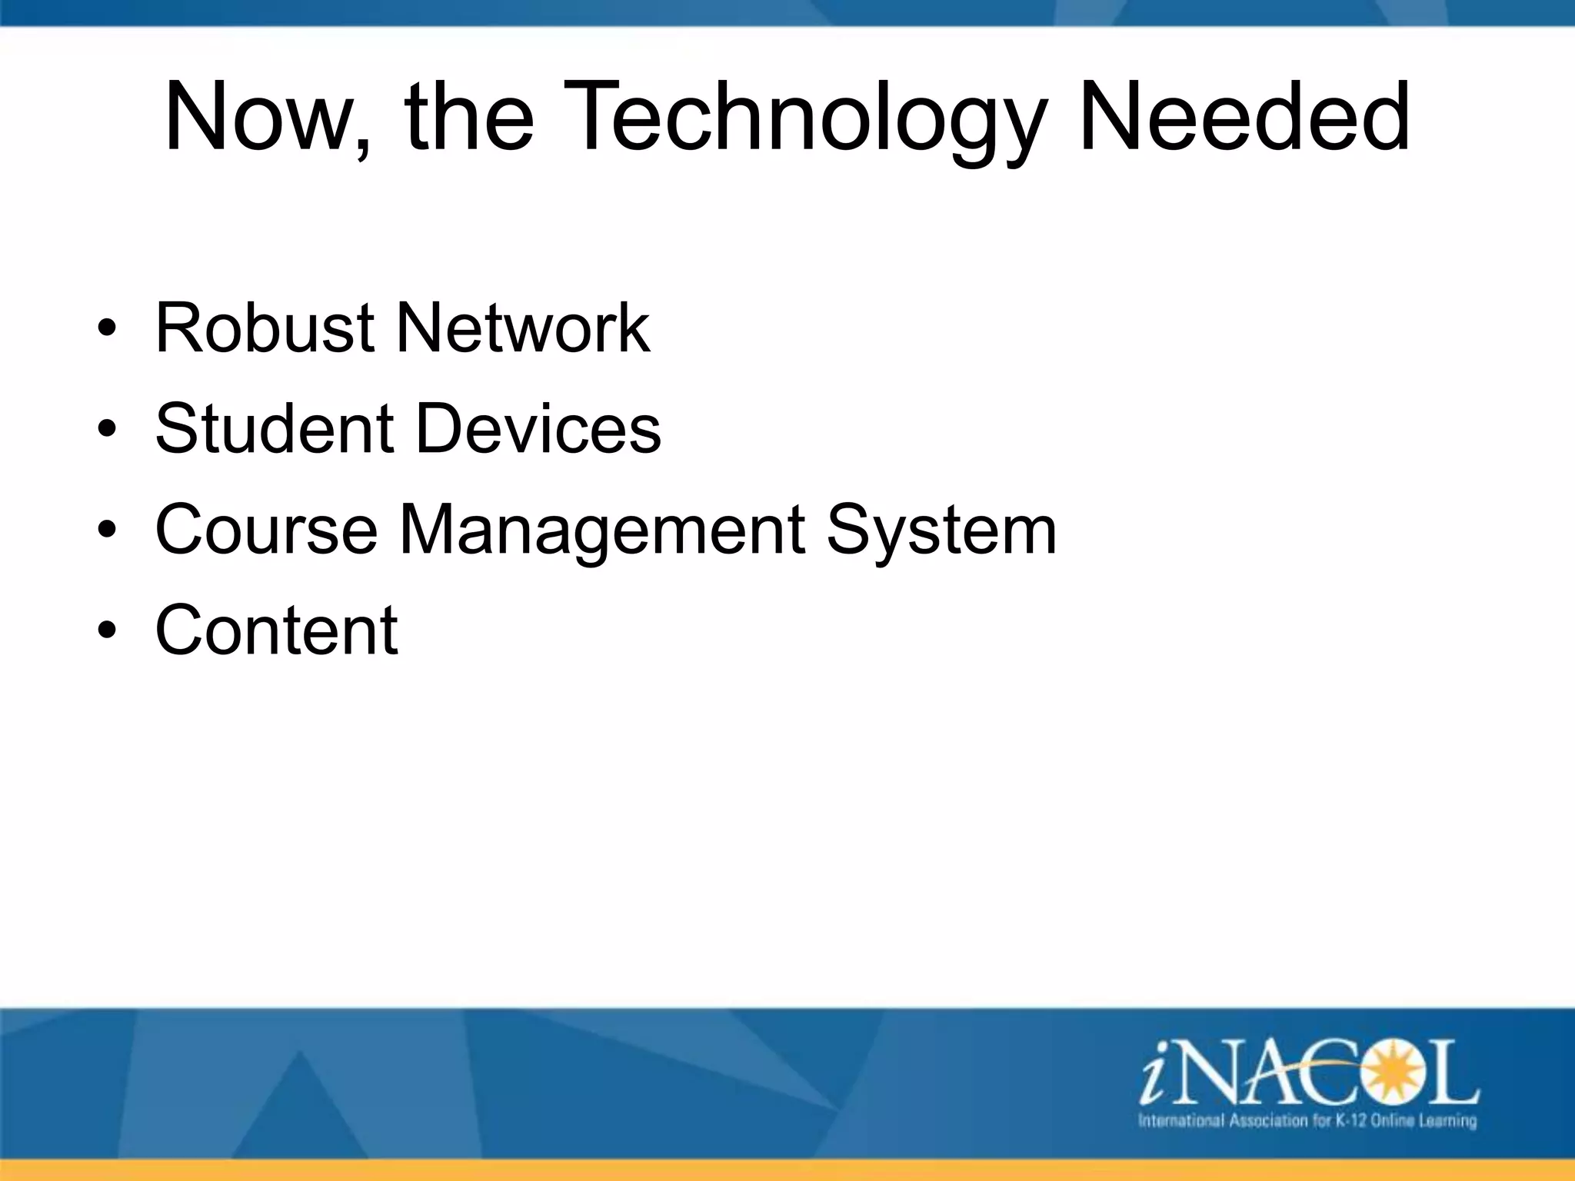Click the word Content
click(x=276, y=630)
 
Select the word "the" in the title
click(x=469, y=117)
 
